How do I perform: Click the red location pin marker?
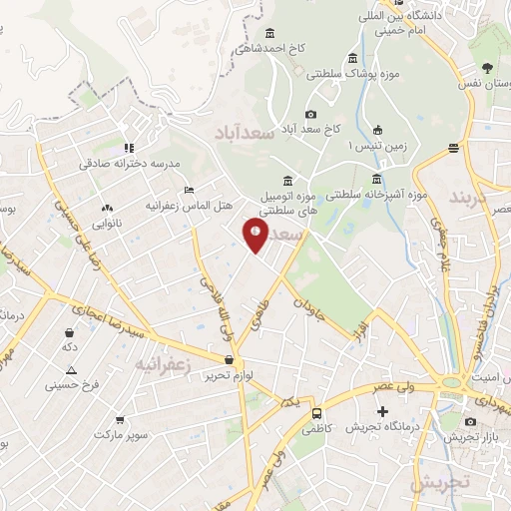click(255, 236)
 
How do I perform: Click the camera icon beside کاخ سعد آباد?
click(310, 115)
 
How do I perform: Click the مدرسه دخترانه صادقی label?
click(130, 162)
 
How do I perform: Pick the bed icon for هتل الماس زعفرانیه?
click(189, 190)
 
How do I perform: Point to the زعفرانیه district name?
click(161, 363)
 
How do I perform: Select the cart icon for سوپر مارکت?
click(121, 420)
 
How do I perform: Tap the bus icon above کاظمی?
click(316, 412)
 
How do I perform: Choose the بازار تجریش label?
click(476, 438)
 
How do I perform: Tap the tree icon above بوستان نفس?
click(487, 68)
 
